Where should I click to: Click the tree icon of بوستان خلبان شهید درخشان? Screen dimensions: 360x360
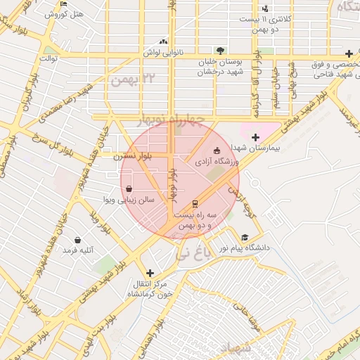click(x=220, y=51)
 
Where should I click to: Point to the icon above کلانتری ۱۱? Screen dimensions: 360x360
click(x=264, y=9)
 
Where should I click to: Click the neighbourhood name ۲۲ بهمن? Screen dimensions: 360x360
click(x=131, y=78)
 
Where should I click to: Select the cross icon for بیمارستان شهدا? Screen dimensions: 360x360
click(x=255, y=137)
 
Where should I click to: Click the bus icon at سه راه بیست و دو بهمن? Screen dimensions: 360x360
click(x=195, y=204)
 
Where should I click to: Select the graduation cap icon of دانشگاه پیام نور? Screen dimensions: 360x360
click(x=245, y=238)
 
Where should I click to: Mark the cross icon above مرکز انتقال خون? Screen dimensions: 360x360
click(x=149, y=273)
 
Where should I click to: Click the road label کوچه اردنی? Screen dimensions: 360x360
click(x=243, y=200)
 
